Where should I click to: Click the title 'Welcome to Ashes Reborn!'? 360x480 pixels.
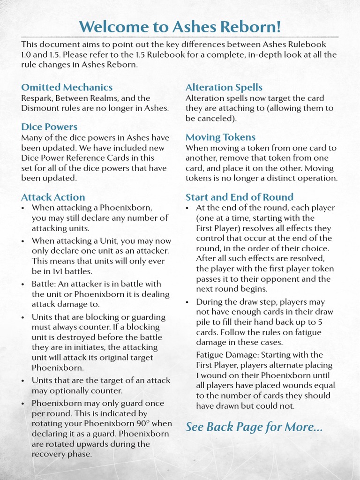[180, 26]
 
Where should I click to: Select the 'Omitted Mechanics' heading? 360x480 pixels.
[67, 87]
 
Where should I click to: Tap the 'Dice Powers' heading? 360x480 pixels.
[49, 127]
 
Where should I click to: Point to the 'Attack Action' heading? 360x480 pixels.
[53, 197]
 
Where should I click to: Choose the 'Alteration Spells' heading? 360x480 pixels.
[224, 87]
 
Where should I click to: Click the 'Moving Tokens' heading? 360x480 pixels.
[220, 137]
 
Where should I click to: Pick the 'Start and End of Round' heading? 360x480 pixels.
[239, 197]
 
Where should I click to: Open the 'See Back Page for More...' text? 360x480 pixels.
[254, 427]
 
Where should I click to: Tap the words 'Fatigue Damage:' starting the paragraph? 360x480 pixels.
[227, 354]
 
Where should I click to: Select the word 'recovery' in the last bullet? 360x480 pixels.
[51, 454]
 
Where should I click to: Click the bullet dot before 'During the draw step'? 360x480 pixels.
[188, 302]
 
